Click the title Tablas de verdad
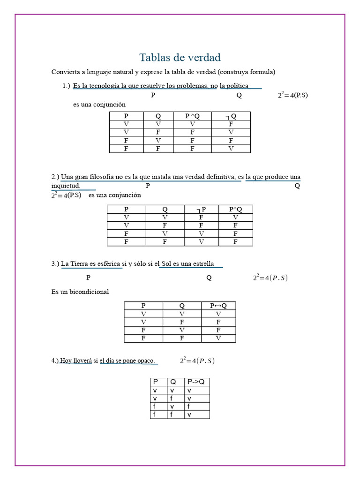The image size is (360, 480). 180,58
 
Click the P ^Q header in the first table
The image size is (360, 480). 192,116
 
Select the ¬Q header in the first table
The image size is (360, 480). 231,116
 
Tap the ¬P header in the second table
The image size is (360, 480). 201,209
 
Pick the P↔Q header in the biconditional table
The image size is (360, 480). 218,306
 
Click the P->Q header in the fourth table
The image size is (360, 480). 196,382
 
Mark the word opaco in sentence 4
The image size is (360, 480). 145,360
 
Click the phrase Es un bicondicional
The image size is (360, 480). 80,292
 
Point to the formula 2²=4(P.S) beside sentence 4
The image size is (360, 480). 197,360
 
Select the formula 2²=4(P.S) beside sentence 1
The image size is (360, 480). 292,95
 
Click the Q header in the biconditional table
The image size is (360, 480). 182,306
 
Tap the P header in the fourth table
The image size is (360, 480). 156,382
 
